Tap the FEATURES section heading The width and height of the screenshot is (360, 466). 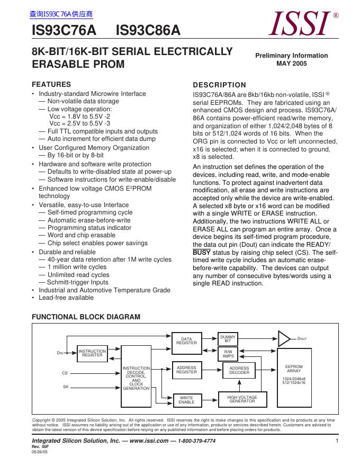point(51,84)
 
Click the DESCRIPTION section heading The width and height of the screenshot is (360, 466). point(219,85)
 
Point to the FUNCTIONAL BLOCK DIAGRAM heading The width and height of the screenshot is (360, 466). point(86,317)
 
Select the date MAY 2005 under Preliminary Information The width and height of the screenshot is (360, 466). point(291,64)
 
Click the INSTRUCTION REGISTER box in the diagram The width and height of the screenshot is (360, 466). point(92,354)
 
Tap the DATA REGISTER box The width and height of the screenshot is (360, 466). point(186,341)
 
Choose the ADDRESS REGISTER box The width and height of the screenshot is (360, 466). point(186,370)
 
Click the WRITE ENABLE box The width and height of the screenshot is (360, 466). point(186,400)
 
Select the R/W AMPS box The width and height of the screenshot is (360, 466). point(228,354)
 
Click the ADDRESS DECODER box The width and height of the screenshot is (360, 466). point(239,370)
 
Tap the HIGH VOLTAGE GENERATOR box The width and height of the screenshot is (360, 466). point(242,399)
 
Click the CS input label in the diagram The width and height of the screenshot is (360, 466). point(65,373)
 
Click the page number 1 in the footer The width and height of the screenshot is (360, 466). point(337,441)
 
